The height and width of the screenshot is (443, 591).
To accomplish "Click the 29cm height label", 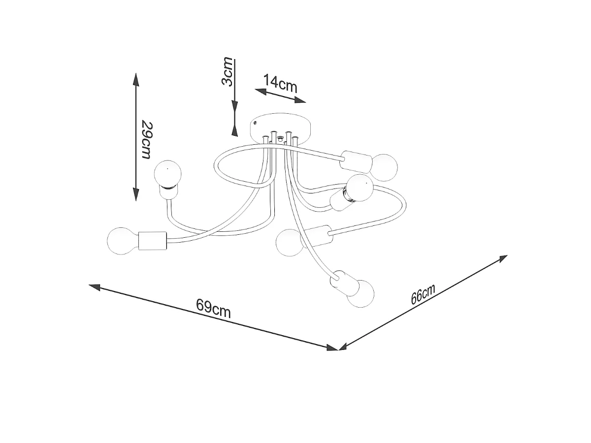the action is tap(147, 140).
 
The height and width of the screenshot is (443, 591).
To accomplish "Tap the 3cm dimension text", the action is tap(227, 71).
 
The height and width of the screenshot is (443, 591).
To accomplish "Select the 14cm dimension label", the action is tap(280, 83).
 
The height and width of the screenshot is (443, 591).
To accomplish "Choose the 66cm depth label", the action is tap(423, 294).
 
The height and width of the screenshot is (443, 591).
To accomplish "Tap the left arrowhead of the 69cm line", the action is tap(95, 287).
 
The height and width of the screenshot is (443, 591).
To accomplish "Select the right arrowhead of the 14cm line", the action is tap(300, 100).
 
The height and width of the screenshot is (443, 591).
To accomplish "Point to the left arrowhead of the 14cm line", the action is tap(261, 92).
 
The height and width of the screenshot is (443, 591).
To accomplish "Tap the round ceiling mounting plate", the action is tap(280, 128).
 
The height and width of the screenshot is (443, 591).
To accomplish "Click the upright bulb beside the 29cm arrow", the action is tap(167, 174).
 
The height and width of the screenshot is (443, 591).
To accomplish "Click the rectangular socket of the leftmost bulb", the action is tap(152, 241).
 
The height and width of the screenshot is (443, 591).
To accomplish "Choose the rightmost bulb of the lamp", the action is tap(385, 167).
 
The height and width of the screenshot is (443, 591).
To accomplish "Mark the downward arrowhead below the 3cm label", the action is tap(235, 106).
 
